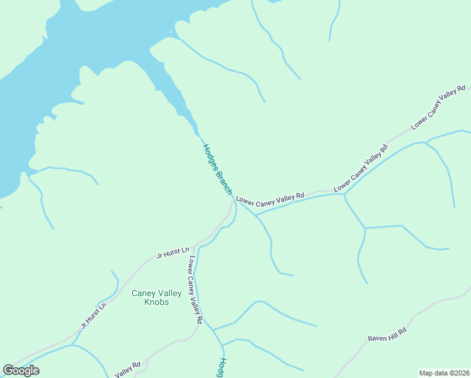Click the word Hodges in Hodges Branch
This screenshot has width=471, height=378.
210,157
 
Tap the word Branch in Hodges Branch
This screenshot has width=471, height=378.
225,183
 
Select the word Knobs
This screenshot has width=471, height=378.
157,302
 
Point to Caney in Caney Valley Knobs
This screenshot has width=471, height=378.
144,293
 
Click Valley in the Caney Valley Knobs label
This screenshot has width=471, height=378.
169,293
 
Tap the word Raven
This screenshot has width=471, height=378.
377,337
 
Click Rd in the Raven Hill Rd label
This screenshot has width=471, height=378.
403,329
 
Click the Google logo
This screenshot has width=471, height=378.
21,370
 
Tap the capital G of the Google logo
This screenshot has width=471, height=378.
8,370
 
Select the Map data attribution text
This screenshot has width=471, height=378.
444,373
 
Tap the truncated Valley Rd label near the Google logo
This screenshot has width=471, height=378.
127,368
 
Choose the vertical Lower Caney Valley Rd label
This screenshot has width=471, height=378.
195,290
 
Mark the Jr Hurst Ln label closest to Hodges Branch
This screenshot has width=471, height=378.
173,253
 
